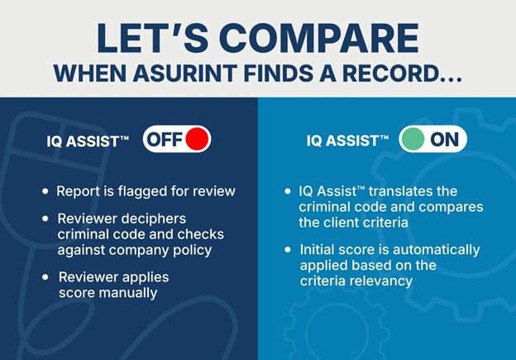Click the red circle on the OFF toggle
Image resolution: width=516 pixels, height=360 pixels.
[196, 139]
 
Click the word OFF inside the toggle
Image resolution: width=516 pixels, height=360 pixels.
[165, 139]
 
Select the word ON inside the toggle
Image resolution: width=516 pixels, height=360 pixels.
[444, 139]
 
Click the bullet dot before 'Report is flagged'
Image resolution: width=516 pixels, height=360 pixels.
[45, 192]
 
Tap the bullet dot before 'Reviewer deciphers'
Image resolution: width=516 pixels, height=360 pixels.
[45, 217]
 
